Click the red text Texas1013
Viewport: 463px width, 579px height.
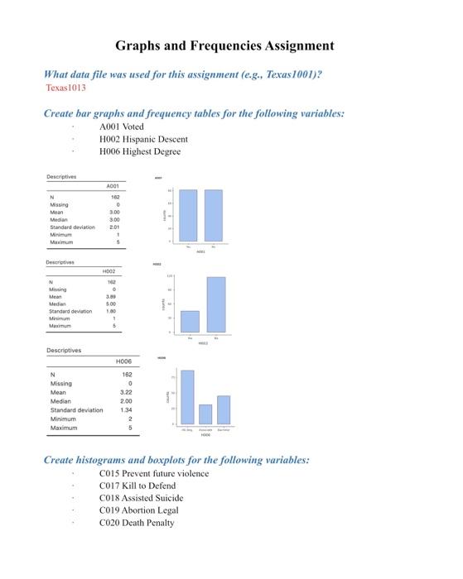click(x=69, y=86)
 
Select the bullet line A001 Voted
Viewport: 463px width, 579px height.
click(x=122, y=127)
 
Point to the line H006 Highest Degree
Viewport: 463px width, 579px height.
click(x=139, y=151)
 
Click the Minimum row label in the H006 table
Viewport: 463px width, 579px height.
click(x=64, y=419)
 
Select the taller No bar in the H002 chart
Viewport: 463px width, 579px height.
click(x=216, y=304)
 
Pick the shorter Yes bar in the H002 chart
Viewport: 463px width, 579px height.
click(x=190, y=321)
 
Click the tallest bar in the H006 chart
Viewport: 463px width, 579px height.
click(x=187, y=397)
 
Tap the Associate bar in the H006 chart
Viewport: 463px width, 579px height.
click(x=205, y=414)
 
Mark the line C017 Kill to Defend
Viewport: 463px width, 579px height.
click(x=137, y=486)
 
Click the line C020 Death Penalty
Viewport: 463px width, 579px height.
click(x=137, y=522)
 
